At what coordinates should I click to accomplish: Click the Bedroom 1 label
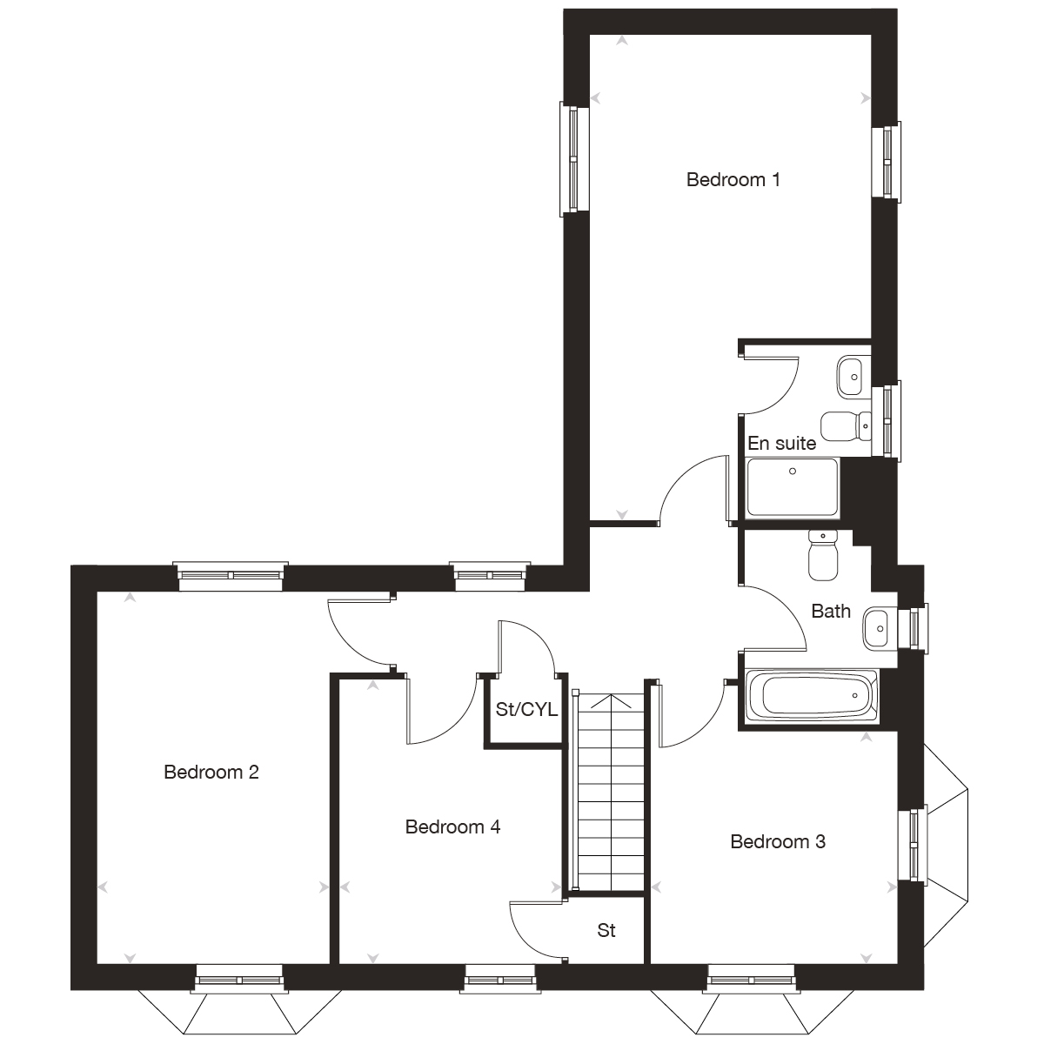pos(733,180)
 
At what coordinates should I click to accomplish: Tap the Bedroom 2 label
pos(211,772)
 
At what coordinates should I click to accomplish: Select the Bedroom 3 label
pos(778,841)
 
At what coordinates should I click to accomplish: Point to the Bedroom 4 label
pos(452,826)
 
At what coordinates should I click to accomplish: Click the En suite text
pos(782,444)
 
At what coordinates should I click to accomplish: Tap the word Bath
pos(831,611)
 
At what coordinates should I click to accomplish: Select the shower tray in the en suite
pos(792,488)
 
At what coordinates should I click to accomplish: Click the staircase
pos(612,792)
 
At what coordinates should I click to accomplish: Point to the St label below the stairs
pos(606,931)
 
